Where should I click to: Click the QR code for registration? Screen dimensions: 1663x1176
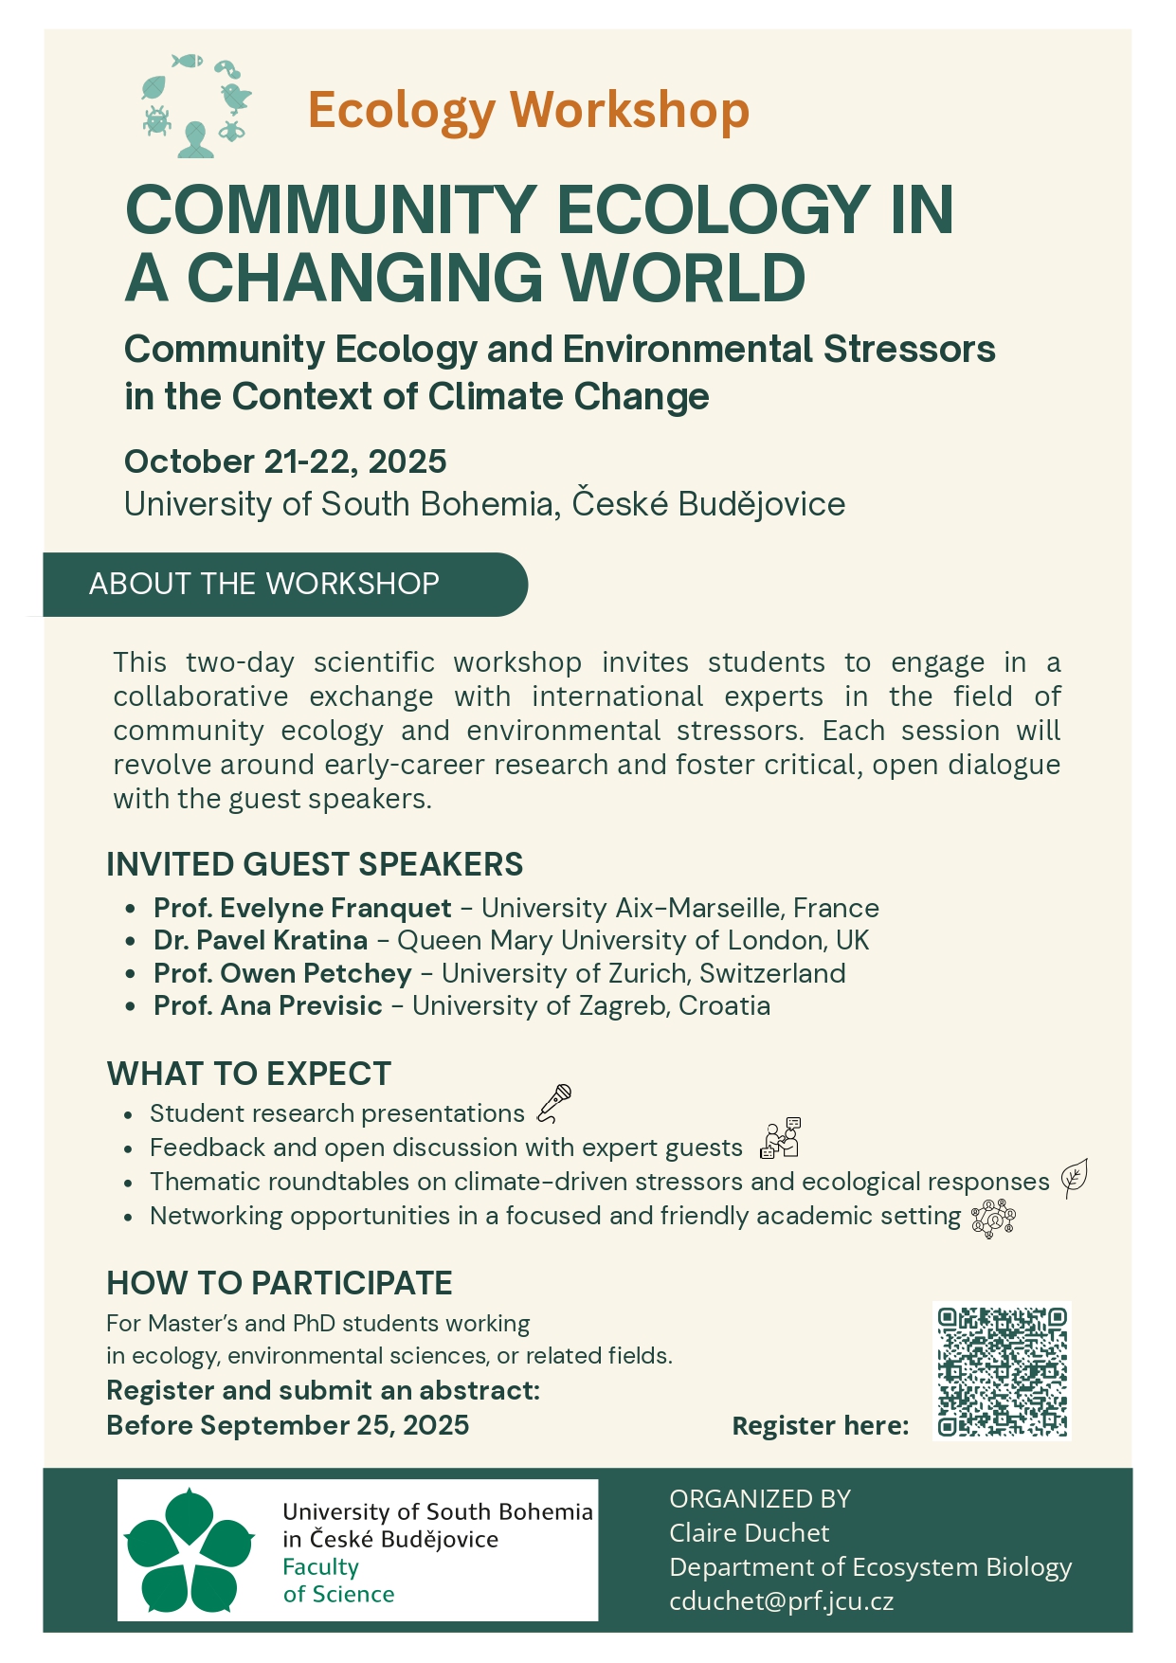click(1002, 1371)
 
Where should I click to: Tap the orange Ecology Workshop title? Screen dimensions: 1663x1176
click(528, 110)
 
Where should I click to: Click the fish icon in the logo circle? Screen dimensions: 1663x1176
click(188, 62)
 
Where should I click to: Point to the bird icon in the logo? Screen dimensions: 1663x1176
click(235, 96)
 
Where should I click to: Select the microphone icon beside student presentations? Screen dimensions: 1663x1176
click(554, 1103)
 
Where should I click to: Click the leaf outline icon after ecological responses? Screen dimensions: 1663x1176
click(1074, 1178)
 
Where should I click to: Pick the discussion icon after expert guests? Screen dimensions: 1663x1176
click(781, 1139)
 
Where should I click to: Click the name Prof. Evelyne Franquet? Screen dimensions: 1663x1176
click(302, 908)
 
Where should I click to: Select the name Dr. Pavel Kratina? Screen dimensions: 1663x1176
click(261, 940)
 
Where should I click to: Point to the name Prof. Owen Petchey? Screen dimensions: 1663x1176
click(282, 973)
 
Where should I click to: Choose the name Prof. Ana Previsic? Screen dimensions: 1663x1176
click(268, 1005)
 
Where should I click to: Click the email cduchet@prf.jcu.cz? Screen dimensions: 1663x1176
click(781, 1601)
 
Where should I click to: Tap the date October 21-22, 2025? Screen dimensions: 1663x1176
click(285, 461)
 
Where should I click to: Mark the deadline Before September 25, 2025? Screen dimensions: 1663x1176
click(287, 1425)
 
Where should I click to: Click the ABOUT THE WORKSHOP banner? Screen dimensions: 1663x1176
click(264, 584)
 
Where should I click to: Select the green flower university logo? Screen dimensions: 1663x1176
click(190, 1551)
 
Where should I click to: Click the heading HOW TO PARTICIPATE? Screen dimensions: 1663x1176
click(280, 1283)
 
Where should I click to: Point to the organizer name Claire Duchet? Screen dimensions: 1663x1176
click(749, 1533)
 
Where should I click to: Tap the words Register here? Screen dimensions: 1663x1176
click(821, 1426)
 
